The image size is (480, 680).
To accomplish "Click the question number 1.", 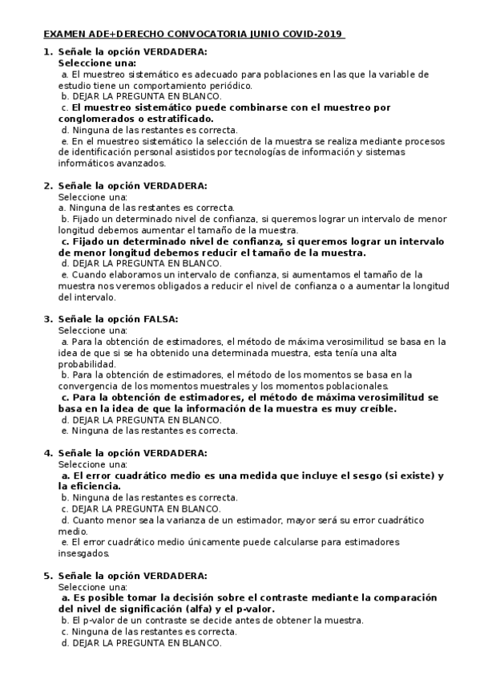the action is click(46, 51).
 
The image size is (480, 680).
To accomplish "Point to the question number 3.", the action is click(46, 318).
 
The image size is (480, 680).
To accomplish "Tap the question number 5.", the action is click(46, 575).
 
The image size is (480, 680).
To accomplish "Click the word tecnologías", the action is click(275, 152).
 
